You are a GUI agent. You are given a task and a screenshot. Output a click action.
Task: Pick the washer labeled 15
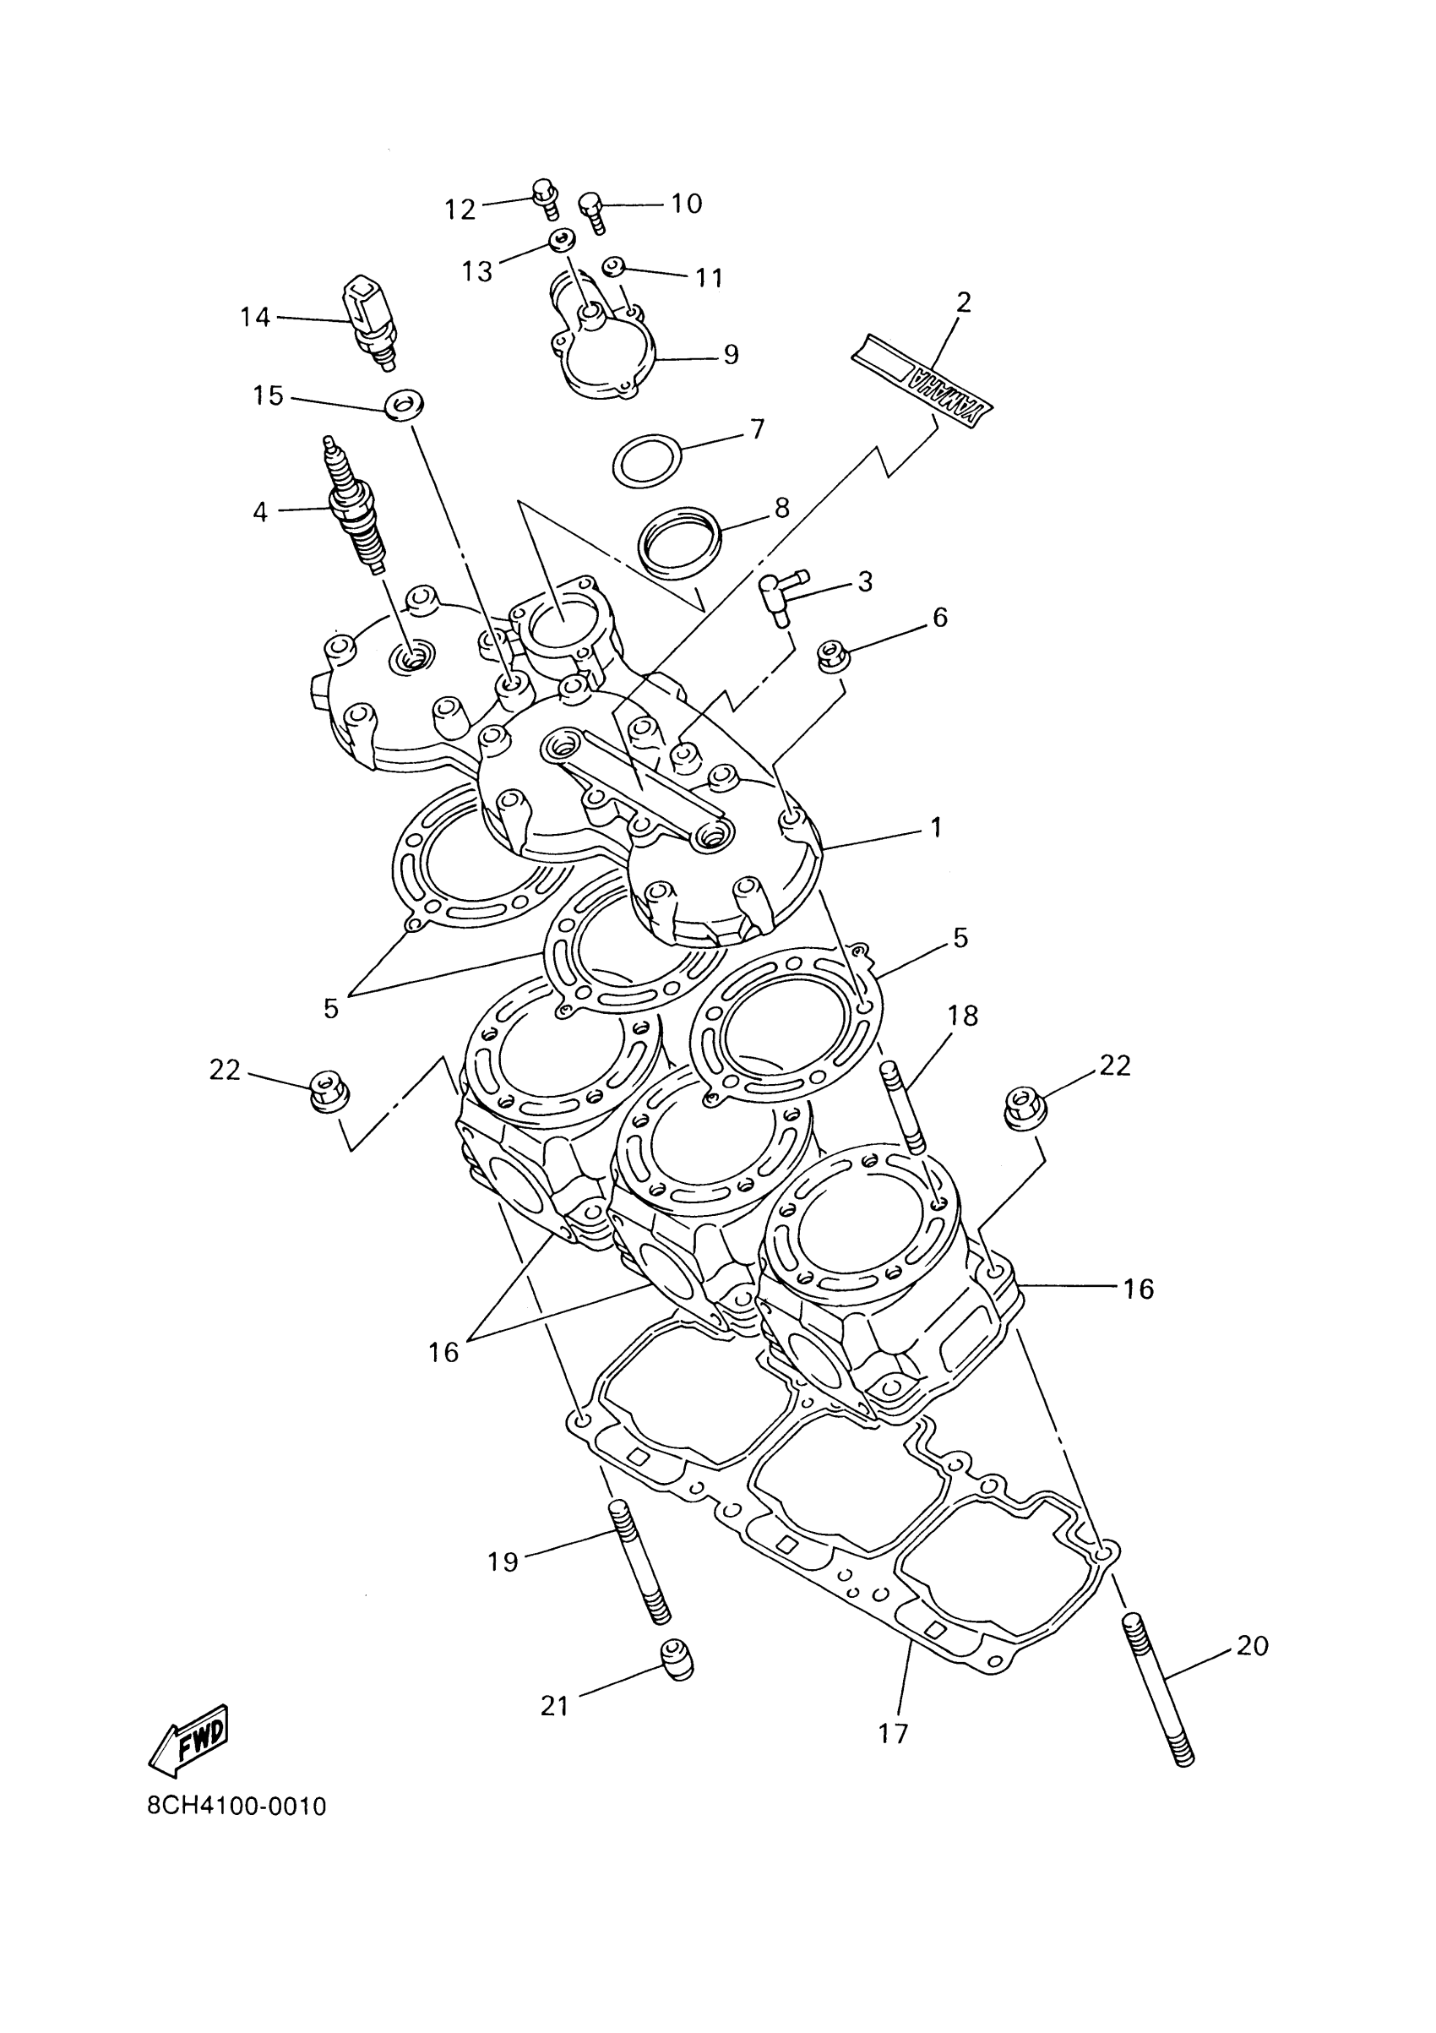(x=403, y=406)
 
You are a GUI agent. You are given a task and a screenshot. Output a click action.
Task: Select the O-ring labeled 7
(x=649, y=461)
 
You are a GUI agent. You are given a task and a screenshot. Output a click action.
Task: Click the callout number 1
(x=936, y=828)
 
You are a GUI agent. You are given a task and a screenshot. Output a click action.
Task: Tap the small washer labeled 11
(x=612, y=264)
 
